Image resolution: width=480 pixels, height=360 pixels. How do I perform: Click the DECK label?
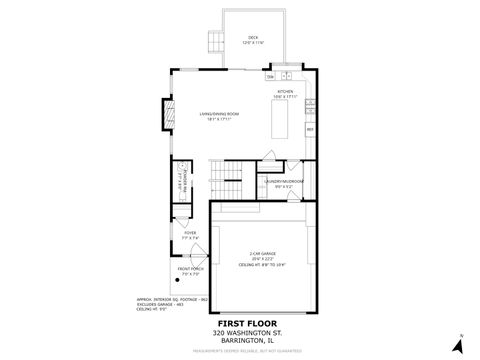(x=253, y=38)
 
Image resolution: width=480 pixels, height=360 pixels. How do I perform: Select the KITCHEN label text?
(x=286, y=92)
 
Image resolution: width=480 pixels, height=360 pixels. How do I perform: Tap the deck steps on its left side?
(x=214, y=40)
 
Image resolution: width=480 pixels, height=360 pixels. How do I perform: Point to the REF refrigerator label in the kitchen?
(x=310, y=129)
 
